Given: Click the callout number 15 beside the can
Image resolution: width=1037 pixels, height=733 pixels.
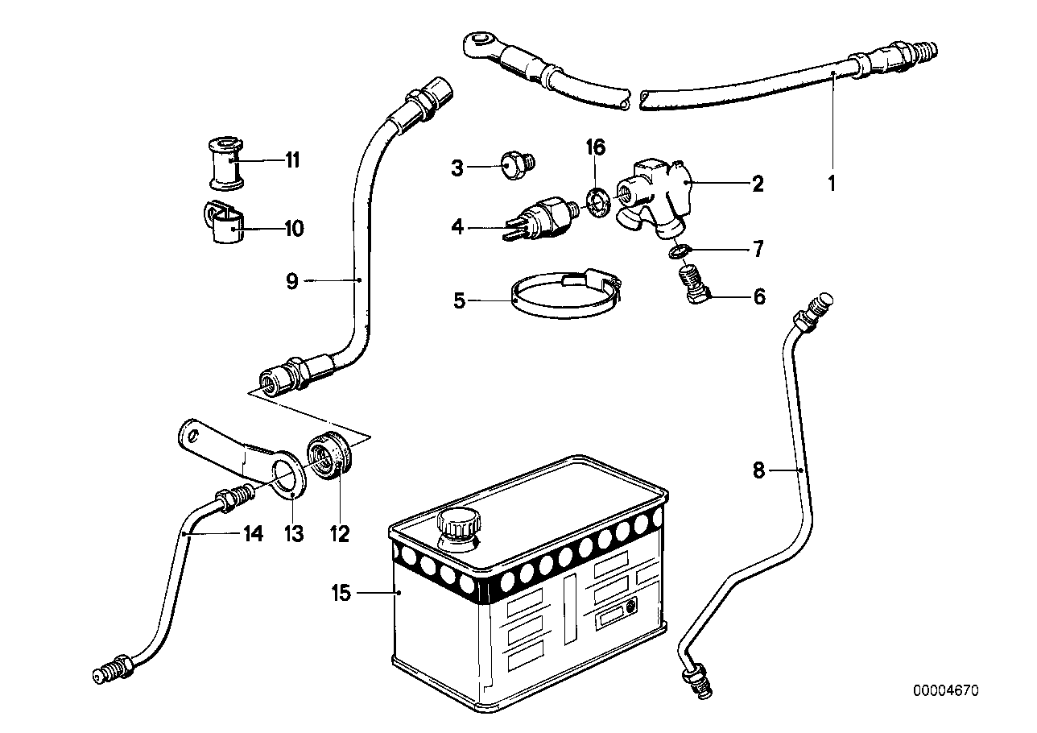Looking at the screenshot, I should point(341,594).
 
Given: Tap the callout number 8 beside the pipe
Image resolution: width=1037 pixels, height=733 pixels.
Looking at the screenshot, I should point(758,469).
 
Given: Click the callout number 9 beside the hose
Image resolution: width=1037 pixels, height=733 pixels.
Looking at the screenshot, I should point(291,280).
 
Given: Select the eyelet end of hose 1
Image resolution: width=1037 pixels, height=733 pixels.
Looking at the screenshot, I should point(481,45).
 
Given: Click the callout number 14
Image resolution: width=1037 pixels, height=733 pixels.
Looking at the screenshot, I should point(254,533).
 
